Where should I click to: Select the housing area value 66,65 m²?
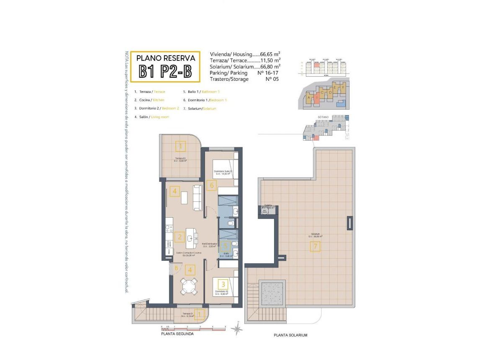pyautogui.click(x=270, y=54)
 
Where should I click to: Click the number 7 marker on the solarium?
pyautogui.click(x=315, y=247)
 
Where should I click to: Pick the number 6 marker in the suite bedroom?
pyautogui.click(x=212, y=185)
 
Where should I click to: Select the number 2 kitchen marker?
pyautogui.click(x=180, y=237)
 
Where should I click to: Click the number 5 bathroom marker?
pyautogui.click(x=225, y=247)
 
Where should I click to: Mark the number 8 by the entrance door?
pyautogui.click(x=177, y=268)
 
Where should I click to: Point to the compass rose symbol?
pyautogui.click(x=238, y=329)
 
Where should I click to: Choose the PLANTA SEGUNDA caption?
pyautogui.click(x=177, y=334)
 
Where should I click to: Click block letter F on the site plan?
pyautogui.click(x=343, y=88)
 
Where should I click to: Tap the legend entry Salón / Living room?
pyautogui.click(x=151, y=117)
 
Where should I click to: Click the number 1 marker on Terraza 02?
pyautogui.click(x=181, y=146)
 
